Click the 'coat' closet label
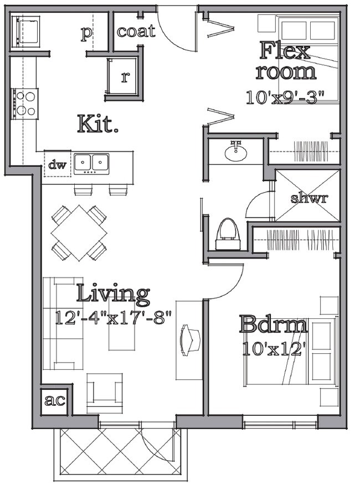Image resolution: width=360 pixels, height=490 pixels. tap(136, 32)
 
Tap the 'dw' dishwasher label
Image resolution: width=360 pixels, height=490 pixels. tap(57, 164)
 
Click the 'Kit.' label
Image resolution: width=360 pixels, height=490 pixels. tap(98, 123)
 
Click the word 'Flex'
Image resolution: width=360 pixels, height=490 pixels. tap(285, 51)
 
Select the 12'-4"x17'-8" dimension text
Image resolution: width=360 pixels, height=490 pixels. tap(114, 318)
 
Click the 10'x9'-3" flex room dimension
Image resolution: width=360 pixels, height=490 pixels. tap(285, 97)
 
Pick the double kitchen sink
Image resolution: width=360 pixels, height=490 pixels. tap(92, 162)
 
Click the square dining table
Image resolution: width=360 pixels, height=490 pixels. tap(79, 233)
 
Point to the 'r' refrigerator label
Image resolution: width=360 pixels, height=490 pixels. tap(124, 77)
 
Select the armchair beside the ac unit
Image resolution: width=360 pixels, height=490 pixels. tap(105, 393)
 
